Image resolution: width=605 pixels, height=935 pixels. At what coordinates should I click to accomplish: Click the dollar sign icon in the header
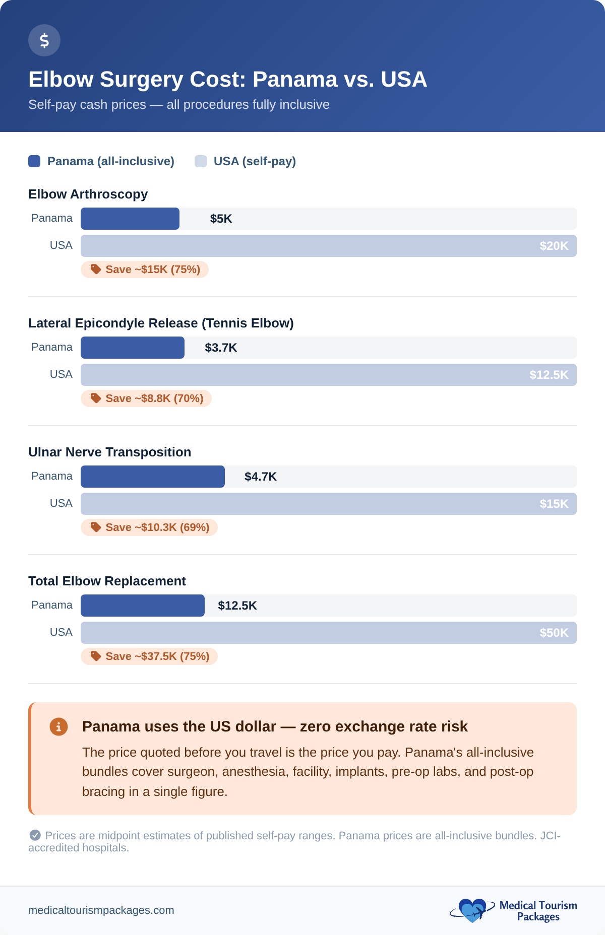(x=44, y=40)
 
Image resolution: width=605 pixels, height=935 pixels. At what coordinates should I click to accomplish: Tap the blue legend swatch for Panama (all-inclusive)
(x=34, y=161)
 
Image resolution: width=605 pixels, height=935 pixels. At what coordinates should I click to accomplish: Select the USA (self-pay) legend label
(x=255, y=161)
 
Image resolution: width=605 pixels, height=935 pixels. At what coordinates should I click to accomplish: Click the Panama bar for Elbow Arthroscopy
(x=130, y=219)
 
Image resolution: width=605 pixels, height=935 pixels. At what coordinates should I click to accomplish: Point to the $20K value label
(x=554, y=246)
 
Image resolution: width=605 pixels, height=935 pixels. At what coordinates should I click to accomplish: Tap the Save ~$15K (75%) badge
(x=145, y=270)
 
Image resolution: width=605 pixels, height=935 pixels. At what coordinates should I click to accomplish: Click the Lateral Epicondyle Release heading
(x=161, y=323)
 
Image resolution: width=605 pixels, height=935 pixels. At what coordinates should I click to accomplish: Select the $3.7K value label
(x=221, y=348)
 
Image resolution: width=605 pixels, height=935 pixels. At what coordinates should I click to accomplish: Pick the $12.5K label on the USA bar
(x=549, y=375)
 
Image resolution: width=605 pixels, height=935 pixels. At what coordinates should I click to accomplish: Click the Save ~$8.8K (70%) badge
(x=146, y=398)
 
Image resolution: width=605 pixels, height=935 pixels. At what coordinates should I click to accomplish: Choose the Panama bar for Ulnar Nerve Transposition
(x=152, y=477)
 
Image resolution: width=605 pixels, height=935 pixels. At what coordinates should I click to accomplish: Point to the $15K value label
(x=554, y=504)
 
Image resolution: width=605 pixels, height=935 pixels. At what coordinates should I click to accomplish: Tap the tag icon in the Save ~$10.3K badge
(x=96, y=527)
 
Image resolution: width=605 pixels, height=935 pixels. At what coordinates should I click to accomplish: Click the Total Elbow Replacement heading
(x=107, y=581)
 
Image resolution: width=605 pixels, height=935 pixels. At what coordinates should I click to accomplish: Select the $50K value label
(x=554, y=633)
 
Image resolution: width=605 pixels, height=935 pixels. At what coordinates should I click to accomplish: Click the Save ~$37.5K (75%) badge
(x=149, y=656)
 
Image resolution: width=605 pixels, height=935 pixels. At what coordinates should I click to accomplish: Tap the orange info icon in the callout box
(x=58, y=726)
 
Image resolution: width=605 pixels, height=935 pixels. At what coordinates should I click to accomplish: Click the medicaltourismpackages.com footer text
(x=101, y=910)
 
